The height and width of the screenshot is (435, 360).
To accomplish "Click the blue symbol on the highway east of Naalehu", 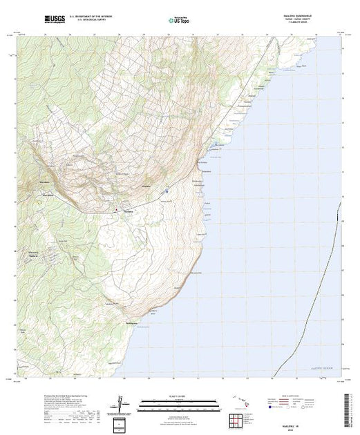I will click(167, 191).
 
